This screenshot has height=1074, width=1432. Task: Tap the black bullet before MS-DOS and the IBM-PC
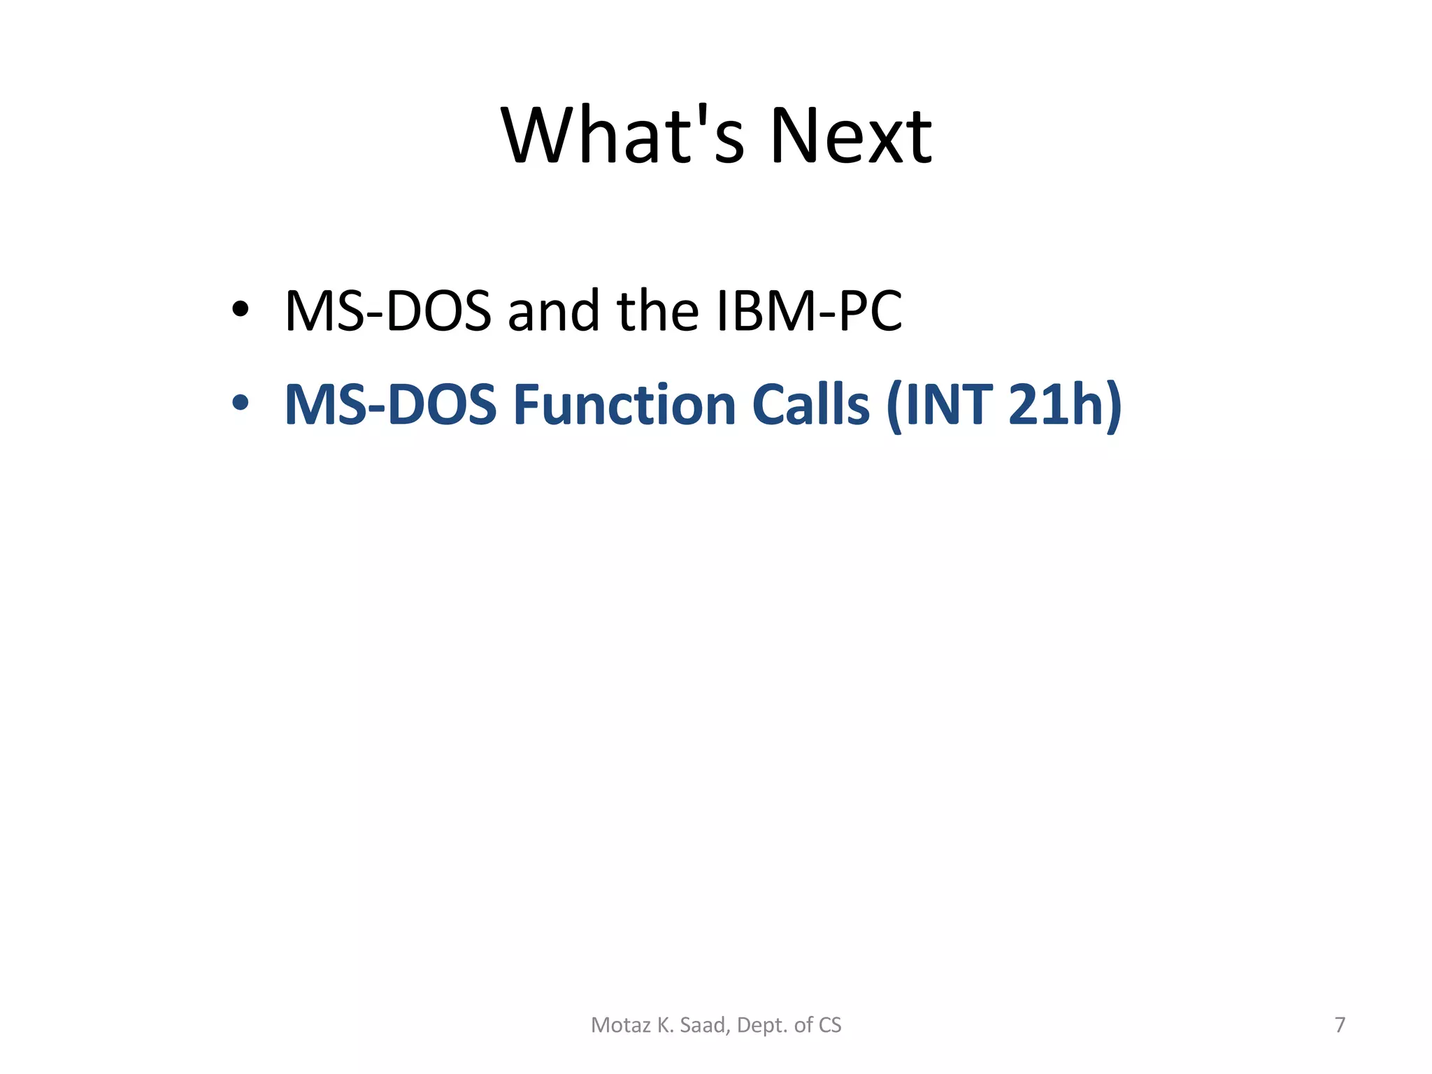click(240, 309)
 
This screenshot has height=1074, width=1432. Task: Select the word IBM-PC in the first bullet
click(809, 311)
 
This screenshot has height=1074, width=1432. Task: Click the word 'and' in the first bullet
click(553, 311)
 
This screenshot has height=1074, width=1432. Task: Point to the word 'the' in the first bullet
click(657, 311)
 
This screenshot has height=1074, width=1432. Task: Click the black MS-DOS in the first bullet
click(388, 311)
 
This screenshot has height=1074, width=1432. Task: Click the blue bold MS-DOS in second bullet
click(390, 405)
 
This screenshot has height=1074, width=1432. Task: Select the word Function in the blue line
click(624, 405)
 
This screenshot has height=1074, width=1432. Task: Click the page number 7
click(1340, 1025)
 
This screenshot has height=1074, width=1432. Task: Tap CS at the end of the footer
click(830, 1025)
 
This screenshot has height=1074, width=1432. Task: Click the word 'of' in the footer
click(803, 1025)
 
